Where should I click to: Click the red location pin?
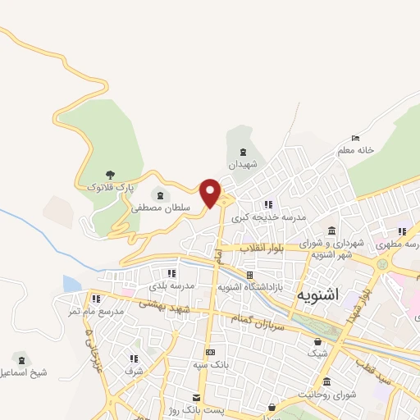click(x=211, y=192)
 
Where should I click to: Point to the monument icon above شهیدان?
click(x=242, y=152)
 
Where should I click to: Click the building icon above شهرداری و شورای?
click(x=331, y=231)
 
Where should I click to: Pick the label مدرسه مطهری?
click(x=396, y=244)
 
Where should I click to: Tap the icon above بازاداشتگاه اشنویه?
click(x=249, y=275)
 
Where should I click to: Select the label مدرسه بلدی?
click(x=171, y=286)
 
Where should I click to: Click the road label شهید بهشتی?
click(x=163, y=305)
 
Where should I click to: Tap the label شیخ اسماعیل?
click(x=25, y=372)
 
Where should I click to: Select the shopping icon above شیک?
click(x=317, y=342)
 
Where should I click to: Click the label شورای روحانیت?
click(x=329, y=395)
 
